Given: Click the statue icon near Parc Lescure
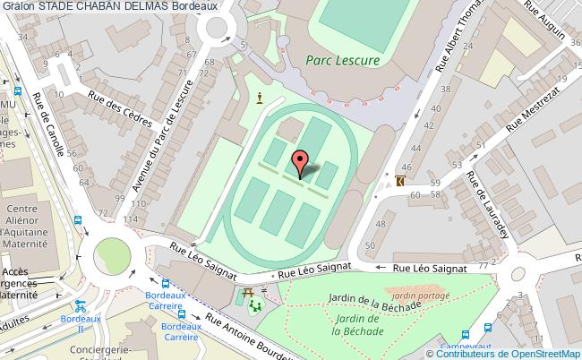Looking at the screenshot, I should (x=260, y=98).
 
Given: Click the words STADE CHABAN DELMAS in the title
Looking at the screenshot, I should (x=104, y=7).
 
